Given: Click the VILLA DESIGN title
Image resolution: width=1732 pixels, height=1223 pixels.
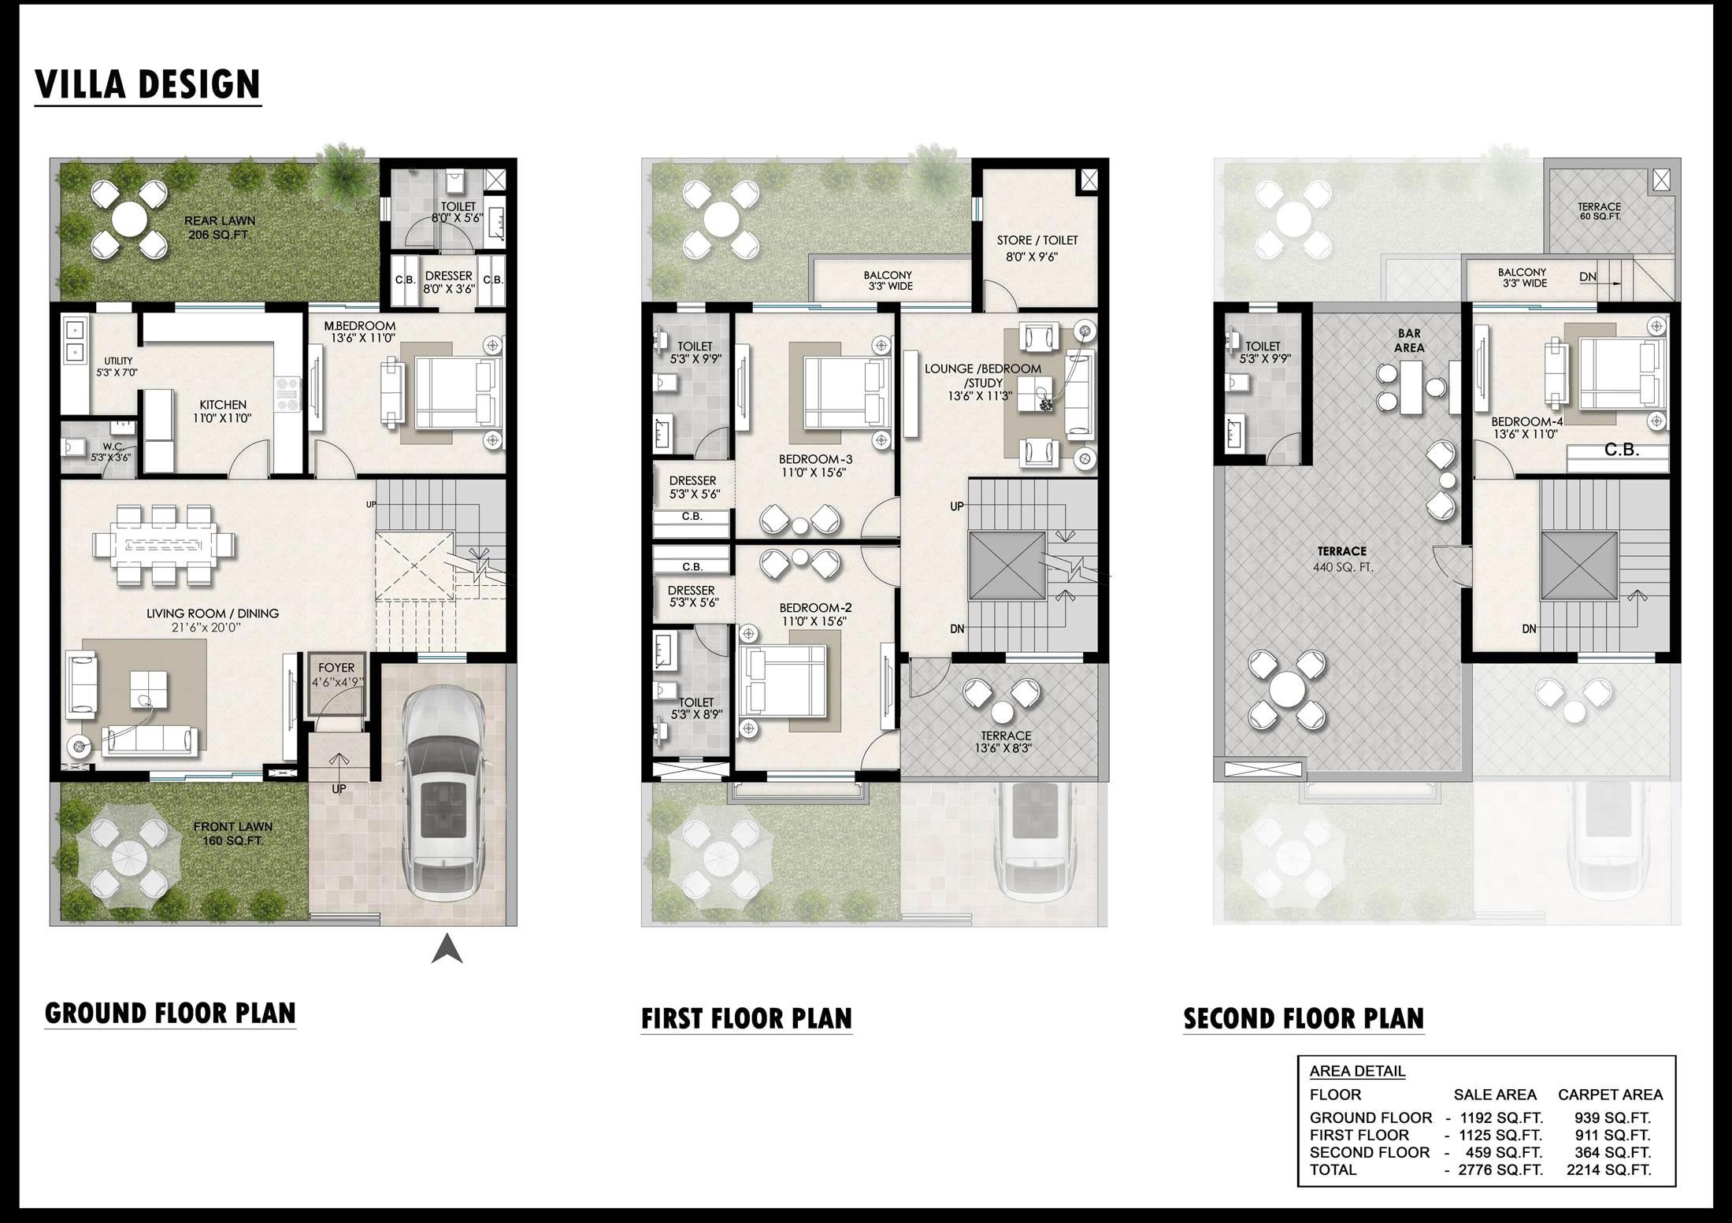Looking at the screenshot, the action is point(147,84).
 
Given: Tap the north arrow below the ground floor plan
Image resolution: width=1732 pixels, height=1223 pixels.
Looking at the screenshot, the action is point(447,948).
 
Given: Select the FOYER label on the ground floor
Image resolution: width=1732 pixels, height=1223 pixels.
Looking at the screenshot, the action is point(336,668).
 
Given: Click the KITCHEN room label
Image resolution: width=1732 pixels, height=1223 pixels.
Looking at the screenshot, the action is point(223,405).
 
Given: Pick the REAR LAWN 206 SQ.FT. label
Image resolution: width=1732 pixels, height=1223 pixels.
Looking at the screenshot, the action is point(220,228).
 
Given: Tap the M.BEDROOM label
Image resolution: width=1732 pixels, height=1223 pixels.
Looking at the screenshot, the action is point(360,325).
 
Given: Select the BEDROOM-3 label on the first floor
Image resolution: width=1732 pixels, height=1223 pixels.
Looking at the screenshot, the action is point(816,459).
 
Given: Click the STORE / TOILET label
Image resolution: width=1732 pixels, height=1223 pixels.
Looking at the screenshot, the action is point(1037,240).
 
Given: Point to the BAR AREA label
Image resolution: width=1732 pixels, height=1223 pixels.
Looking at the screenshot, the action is point(1409,341).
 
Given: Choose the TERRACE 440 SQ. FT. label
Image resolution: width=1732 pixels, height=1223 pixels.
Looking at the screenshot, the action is point(1342,559).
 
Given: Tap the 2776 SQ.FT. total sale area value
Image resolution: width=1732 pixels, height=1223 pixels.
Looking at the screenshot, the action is point(1500,1169).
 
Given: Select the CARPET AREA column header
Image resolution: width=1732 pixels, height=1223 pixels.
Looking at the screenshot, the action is point(1610,1095).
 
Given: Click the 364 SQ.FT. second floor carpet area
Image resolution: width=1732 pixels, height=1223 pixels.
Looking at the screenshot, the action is point(1612,1152).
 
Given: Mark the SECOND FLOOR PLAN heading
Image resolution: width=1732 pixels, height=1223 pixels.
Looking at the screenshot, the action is point(1304,1019).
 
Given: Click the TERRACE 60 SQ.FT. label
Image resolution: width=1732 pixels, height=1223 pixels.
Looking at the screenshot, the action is point(1599,211).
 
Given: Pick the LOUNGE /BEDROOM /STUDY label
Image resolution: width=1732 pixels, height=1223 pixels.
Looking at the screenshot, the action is point(982,382).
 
